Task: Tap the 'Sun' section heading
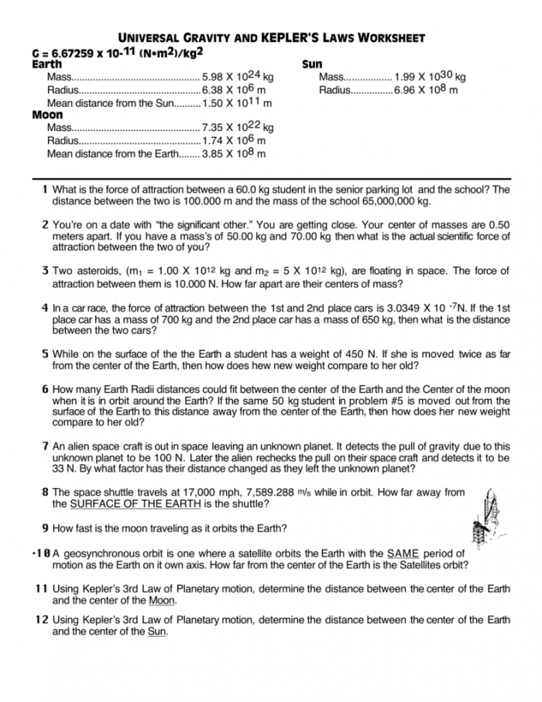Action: pyautogui.click(x=311, y=64)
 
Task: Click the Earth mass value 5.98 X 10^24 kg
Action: pyautogui.click(x=237, y=77)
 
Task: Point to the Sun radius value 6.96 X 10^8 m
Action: pyautogui.click(x=426, y=90)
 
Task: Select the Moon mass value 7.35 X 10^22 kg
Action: pyautogui.click(x=237, y=127)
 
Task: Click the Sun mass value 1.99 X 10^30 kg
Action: pyautogui.click(x=430, y=77)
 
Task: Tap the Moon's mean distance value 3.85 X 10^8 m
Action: pyautogui.click(x=233, y=153)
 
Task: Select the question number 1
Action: pyautogui.click(x=46, y=189)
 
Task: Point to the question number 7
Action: pyautogui.click(x=46, y=446)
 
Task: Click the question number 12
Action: pyautogui.click(x=42, y=620)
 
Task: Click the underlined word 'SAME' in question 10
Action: pyautogui.click(x=402, y=553)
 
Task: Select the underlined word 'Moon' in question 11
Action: pyautogui.click(x=163, y=600)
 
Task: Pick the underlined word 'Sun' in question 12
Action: pyautogui.click(x=156, y=631)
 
